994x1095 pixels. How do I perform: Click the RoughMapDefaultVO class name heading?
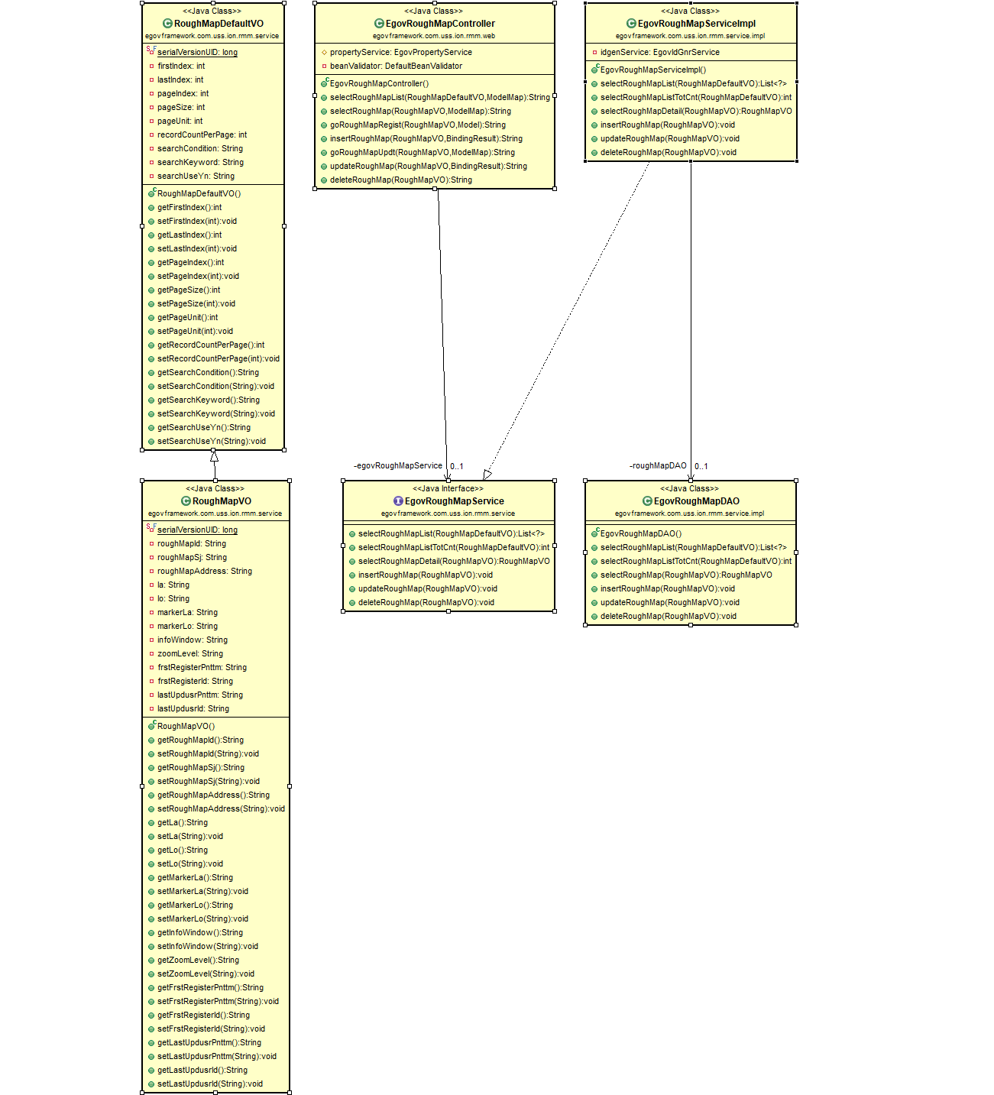tap(219, 24)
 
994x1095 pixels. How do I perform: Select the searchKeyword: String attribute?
tap(200, 162)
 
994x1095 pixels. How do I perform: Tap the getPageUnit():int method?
tap(187, 317)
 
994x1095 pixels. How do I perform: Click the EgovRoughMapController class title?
tap(440, 24)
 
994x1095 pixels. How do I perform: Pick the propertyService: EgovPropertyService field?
tap(400, 52)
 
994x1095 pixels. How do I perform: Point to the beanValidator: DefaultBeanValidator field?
tap(396, 66)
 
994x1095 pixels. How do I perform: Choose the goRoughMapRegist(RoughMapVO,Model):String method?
tap(417, 125)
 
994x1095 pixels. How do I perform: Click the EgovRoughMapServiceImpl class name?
tap(696, 24)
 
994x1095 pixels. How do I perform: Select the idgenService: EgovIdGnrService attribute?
tap(659, 52)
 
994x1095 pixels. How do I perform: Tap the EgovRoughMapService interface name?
tap(454, 501)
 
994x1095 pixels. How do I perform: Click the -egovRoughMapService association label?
tap(397, 465)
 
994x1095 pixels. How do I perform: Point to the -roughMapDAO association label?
tap(658, 465)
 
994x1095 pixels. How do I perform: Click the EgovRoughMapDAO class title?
tap(696, 501)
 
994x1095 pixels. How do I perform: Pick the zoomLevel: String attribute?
tap(190, 653)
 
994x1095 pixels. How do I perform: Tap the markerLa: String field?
tap(187, 612)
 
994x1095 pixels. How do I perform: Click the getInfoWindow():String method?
tap(199, 932)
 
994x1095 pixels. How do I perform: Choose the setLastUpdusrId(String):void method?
tap(209, 1084)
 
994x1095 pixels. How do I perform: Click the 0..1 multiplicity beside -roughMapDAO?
tap(701, 466)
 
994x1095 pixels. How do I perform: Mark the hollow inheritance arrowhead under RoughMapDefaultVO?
tap(214, 456)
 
